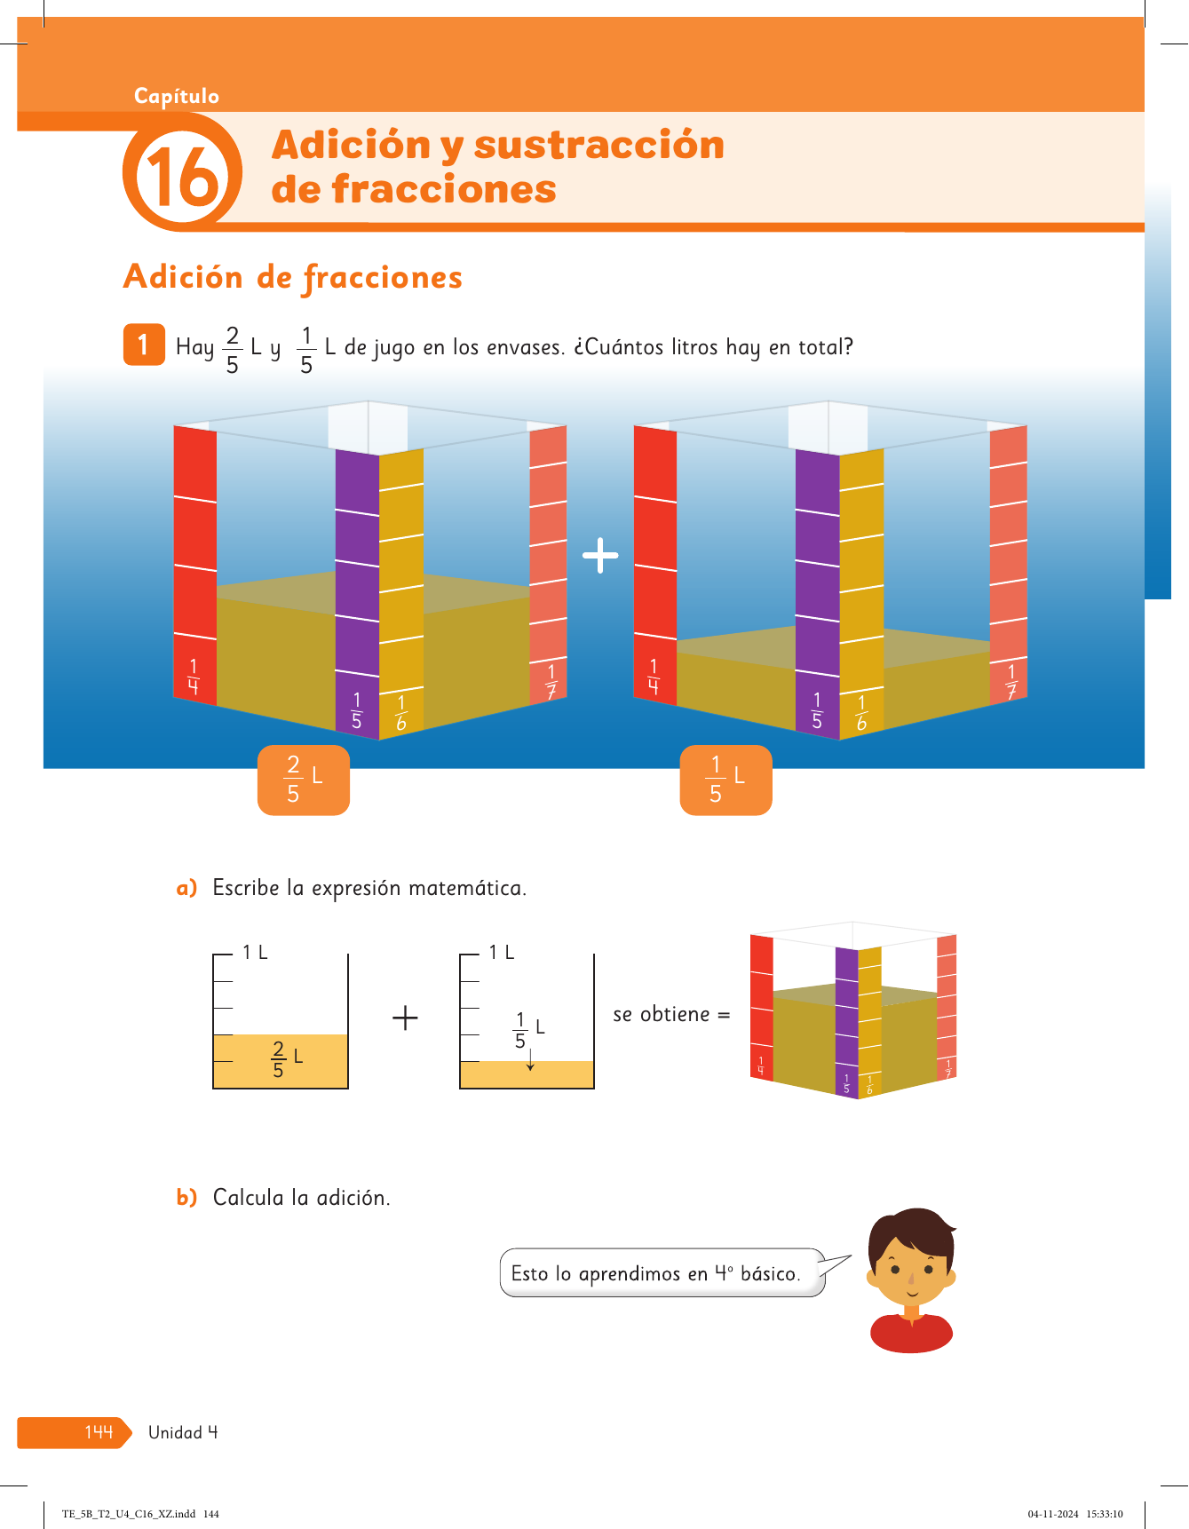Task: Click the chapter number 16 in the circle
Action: click(x=182, y=175)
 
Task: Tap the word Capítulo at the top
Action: click(x=177, y=96)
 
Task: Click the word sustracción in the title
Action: click(x=599, y=145)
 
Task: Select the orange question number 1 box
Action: click(x=144, y=345)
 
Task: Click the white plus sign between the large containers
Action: click(x=600, y=555)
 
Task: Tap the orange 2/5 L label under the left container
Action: click(x=304, y=780)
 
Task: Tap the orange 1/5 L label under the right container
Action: click(x=725, y=780)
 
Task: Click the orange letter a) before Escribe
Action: click(x=186, y=888)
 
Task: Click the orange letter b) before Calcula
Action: click(x=186, y=1198)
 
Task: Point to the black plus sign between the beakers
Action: click(x=405, y=1018)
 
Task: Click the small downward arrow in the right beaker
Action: click(x=530, y=1060)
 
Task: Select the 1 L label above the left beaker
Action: click(x=255, y=953)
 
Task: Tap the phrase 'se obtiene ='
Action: click(x=671, y=1014)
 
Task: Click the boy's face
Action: click(x=911, y=1266)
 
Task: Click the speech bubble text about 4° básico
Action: click(x=655, y=1273)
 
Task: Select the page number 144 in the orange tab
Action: click(x=99, y=1431)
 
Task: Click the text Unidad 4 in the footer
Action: click(x=183, y=1432)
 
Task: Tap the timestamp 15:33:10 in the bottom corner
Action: click(x=1105, y=1514)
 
